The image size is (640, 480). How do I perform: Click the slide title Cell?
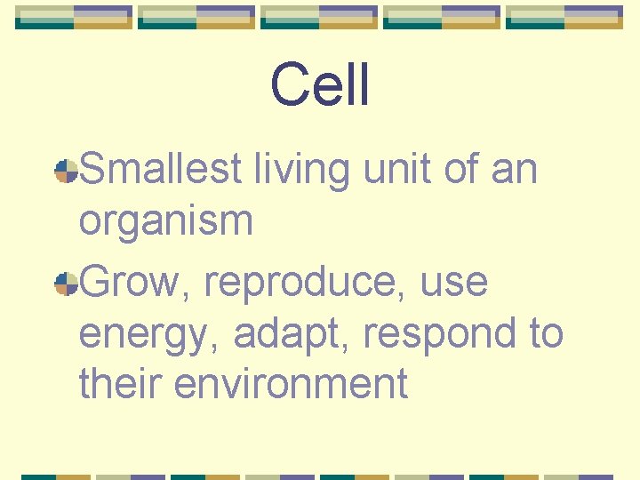320,85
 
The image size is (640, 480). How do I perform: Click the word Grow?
133,283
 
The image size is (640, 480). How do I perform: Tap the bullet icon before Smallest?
67,172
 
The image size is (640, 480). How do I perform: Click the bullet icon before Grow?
67,284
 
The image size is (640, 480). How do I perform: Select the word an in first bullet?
514,169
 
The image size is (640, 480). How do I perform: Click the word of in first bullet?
461,169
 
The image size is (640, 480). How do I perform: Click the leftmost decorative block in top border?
74,17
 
